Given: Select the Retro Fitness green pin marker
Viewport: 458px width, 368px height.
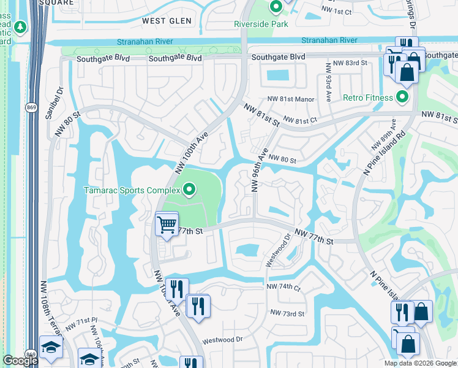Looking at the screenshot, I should pos(402,98).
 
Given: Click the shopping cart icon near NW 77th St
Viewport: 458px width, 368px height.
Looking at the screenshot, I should pos(167,224).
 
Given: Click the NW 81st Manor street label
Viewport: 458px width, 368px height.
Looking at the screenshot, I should pos(290,99).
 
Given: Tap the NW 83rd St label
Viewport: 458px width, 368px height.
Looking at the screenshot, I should pos(347,63).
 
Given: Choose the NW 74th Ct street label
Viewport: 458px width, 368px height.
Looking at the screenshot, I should pos(283,287).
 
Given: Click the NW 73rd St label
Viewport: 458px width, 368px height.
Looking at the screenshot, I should pos(288,314).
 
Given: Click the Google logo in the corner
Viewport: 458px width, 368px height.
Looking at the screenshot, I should pos(20,361).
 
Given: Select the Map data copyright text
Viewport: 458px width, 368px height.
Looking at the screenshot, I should pos(420,363).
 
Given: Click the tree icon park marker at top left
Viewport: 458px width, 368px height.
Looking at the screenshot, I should pos(20,28).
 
